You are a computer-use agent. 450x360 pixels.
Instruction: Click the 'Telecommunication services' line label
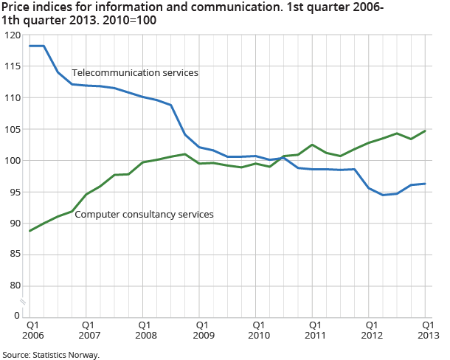(135, 73)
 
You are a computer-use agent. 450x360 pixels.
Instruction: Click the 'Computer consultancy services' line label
(144, 215)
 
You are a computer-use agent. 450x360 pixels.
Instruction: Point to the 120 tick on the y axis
(12, 35)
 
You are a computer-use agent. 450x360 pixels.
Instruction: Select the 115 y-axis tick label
(12, 66)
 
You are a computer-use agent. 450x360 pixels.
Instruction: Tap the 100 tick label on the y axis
(12, 161)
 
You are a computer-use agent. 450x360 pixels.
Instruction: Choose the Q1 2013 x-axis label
(426, 329)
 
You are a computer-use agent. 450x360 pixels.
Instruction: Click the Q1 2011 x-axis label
(313, 329)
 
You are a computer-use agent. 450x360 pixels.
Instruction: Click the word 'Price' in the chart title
(15, 7)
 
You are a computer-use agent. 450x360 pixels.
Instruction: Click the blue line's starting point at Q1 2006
(30, 46)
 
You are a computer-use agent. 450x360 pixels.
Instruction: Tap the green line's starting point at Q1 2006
(30, 231)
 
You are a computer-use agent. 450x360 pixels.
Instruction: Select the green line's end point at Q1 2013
(426, 131)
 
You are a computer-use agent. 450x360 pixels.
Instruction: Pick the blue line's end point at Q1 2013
(426, 184)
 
